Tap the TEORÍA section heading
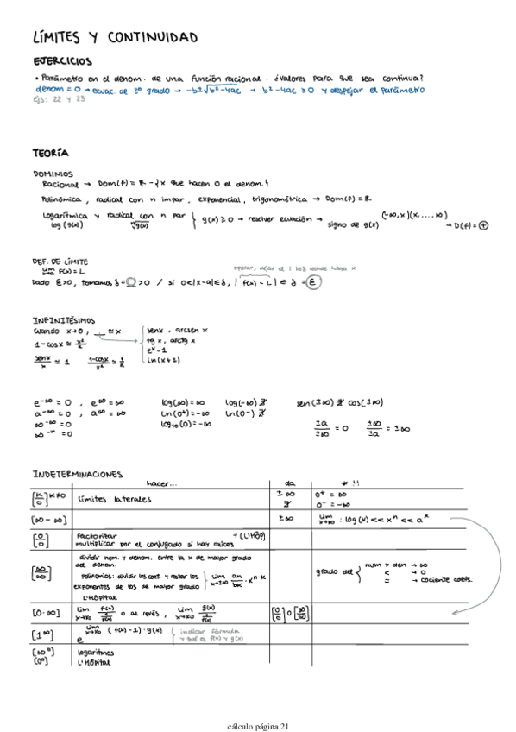(x=50, y=153)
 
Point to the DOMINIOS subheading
(x=53, y=174)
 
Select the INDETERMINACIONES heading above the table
(x=77, y=474)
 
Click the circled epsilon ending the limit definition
(x=315, y=282)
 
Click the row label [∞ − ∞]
(x=43, y=521)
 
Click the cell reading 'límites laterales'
(x=109, y=500)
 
